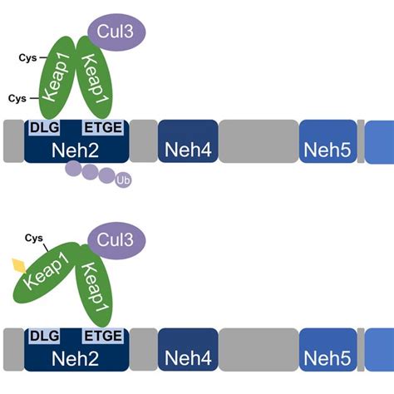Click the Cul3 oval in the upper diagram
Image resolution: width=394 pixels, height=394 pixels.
point(116,32)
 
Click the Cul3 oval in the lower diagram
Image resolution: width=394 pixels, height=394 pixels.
point(116,240)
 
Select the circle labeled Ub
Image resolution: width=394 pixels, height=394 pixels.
point(124,179)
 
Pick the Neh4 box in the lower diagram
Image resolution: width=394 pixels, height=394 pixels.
point(188,348)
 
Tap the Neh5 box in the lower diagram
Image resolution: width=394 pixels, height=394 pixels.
point(327,348)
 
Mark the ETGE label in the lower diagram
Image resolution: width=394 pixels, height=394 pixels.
point(104,336)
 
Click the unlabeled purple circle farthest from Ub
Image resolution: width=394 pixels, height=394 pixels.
point(73,170)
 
